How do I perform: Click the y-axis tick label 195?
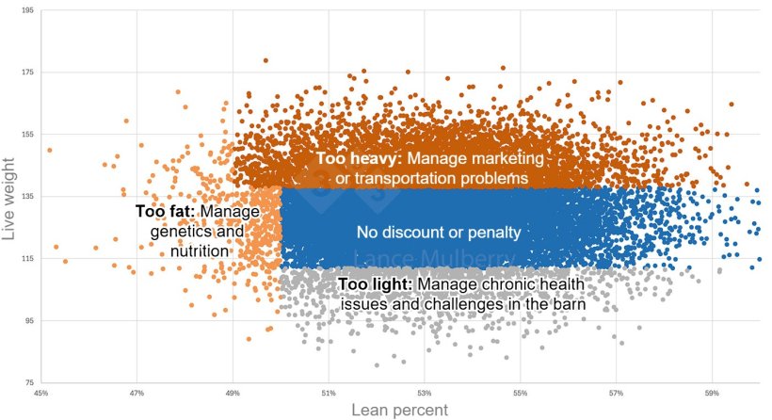click(27, 10)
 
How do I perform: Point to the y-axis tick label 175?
click(27, 73)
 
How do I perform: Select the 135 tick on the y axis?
click(27, 197)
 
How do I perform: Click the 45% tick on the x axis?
click(41, 394)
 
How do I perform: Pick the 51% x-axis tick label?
click(329, 394)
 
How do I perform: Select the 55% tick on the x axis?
click(521, 394)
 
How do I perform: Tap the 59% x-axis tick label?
click(712, 394)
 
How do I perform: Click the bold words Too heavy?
click(359, 159)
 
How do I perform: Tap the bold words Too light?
click(374, 283)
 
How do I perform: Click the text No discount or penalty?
click(439, 231)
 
